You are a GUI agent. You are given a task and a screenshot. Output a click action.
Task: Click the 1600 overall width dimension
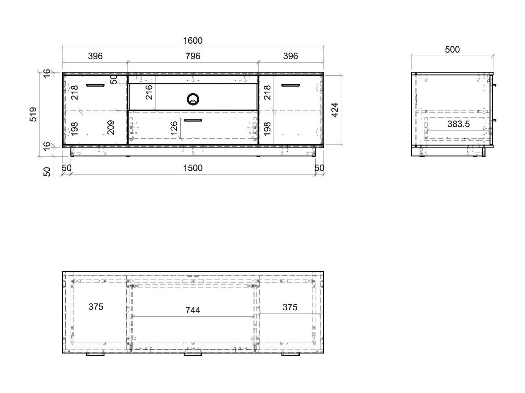click(x=193, y=41)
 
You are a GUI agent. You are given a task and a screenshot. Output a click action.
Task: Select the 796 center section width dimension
click(x=193, y=56)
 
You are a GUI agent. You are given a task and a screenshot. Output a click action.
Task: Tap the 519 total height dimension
click(x=33, y=114)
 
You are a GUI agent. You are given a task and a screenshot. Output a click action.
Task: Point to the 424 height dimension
click(x=335, y=110)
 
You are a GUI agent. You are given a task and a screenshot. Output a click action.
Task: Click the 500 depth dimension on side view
click(x=452, y=50)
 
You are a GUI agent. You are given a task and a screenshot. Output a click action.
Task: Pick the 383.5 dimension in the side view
click(x=458, y=124)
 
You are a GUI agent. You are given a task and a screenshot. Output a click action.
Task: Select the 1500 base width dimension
click(x=193, y=168)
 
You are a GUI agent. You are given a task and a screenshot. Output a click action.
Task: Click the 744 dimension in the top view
click(x=193, y=310)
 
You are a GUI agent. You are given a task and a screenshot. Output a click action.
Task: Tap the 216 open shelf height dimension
click(x=149, y=92)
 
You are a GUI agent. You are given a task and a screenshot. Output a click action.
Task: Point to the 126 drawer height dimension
click(x=174, y=128)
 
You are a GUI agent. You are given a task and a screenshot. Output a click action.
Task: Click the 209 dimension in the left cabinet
click(x=111, y=127)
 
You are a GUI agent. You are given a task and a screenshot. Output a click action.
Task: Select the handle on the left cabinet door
click(x=95, y=85)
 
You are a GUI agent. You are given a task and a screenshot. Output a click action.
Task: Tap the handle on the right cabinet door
click(x=290, y=85)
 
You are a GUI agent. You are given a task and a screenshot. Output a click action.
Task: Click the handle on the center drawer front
click(x=193, y=120)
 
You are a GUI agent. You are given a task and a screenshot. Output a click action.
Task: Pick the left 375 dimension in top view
click(x=96, y=307)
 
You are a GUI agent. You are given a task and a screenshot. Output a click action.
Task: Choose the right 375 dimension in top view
click(x=290, y=307)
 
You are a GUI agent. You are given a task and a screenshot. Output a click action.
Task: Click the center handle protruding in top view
click(x=193, y=355)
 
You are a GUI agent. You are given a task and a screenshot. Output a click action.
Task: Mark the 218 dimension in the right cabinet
click(x=267, y=92)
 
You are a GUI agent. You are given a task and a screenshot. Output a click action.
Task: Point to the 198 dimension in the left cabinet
click(x=75, y=129)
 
